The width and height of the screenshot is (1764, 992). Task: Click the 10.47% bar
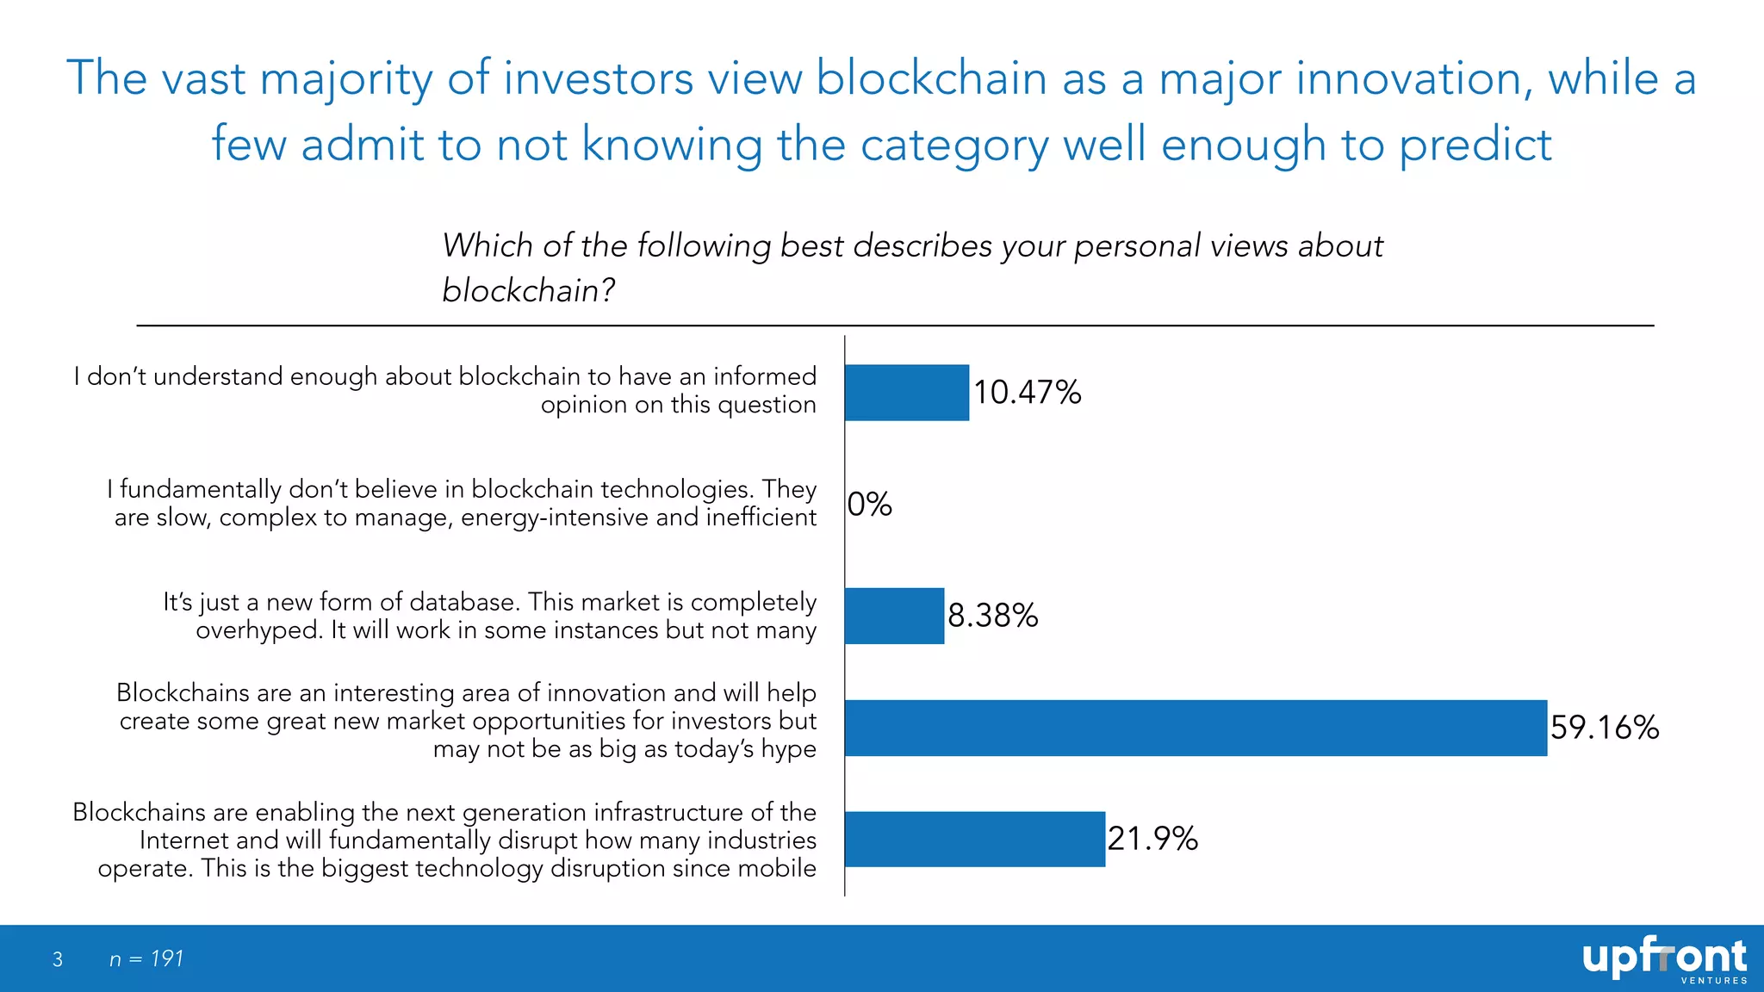[907, 393]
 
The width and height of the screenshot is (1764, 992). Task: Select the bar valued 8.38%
[894, 616]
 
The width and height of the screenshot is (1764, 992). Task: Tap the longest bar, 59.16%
[1196, 728]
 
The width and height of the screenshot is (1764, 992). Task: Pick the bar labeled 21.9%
[975, 839]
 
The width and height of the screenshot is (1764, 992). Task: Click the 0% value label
[870, 505]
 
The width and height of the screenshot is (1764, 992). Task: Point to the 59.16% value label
[1605, 728]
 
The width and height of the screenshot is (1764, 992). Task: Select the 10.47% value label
[1028, 393]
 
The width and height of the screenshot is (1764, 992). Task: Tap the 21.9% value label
[1152, 839]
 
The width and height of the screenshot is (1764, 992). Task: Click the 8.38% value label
[993, 616]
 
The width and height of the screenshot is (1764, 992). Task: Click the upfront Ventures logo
[1664, 959]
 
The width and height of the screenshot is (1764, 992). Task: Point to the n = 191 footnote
[146, 959]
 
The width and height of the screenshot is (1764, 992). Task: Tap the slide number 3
[58, 959]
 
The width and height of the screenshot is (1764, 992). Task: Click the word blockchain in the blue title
[931, 78]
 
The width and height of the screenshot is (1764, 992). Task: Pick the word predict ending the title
[1475, 145]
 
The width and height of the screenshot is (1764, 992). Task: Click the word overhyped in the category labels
[258, 631]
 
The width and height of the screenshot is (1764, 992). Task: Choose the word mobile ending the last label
[776, 868]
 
